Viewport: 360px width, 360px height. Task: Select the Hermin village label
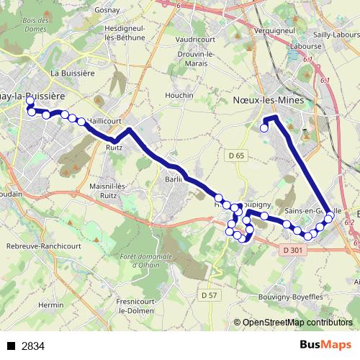tap(50, 305)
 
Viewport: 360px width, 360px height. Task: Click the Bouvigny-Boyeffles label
tap(294, 274)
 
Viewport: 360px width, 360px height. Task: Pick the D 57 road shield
tap(209, 274)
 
